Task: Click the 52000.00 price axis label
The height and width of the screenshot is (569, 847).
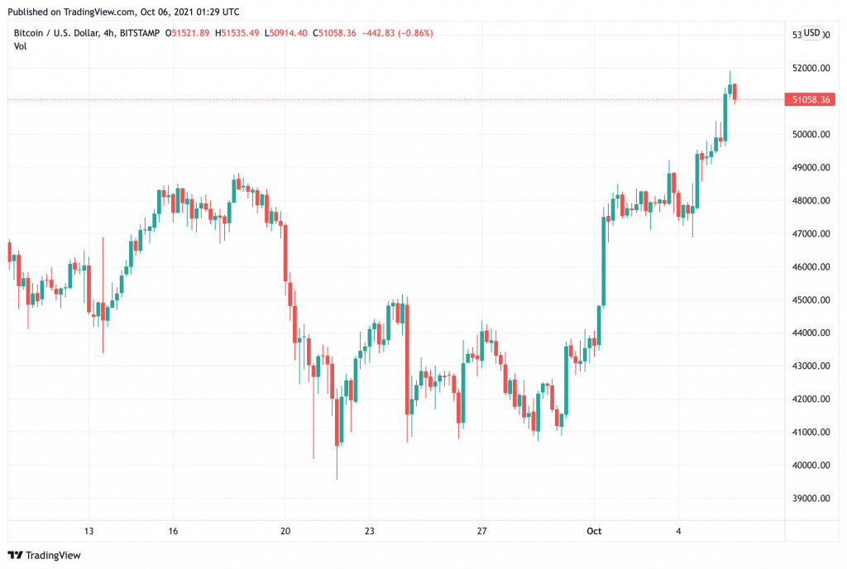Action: click(x=810, y=69)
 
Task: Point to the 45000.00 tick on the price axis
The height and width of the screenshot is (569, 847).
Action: click(x=810, y=300)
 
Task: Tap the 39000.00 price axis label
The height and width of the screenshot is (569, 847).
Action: click(x=810, y=499)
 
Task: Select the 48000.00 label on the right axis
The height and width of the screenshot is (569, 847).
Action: click(x=810, y=201)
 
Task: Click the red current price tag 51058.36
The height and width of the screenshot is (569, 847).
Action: click(x=810, y=99)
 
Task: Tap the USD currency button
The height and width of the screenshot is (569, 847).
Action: click(x=812, y=33)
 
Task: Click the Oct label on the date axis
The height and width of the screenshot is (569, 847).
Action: click(x=592, y=531)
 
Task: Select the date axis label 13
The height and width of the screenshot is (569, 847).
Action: click(x=89, y=531)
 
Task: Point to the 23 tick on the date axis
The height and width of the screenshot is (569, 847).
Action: click(x=370, y=531)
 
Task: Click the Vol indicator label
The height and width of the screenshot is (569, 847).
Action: click(x=21, y=46)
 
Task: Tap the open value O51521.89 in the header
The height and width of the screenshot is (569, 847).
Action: click(x=189, y=33)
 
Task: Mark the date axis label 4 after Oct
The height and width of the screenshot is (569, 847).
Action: click(x=678, y=531)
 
